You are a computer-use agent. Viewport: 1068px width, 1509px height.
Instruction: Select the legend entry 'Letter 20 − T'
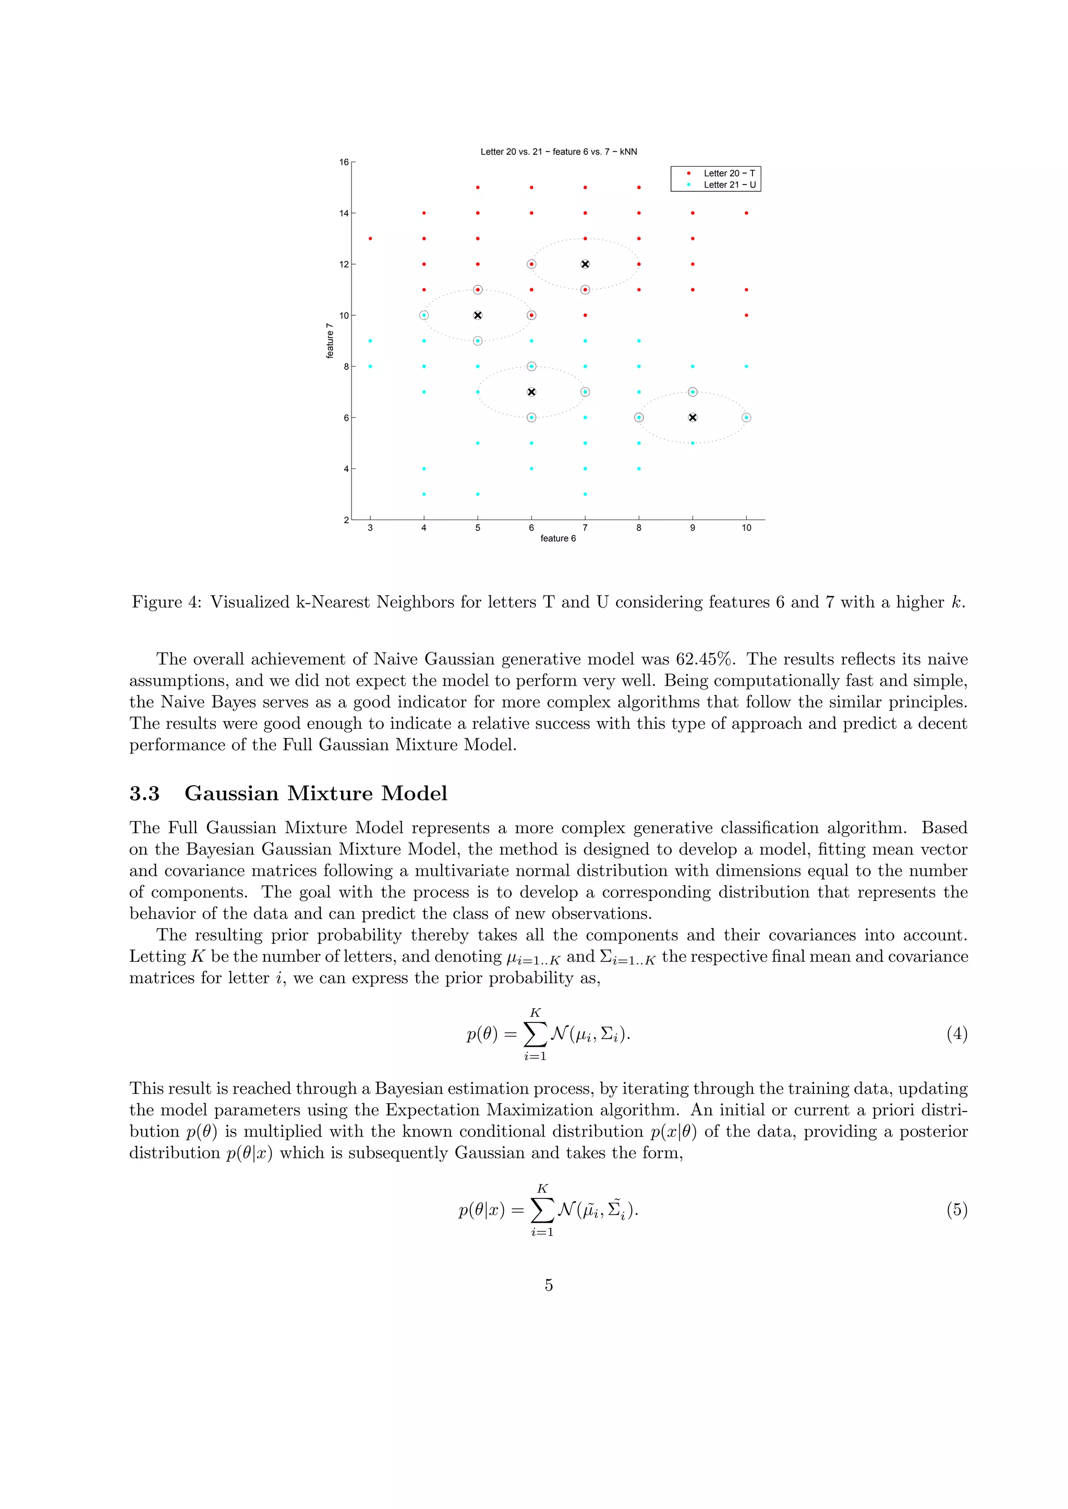click(729, 174)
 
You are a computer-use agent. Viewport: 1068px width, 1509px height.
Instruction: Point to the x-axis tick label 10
click(746, 528)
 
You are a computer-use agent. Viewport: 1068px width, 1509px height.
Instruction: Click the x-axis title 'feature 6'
click(557, 538)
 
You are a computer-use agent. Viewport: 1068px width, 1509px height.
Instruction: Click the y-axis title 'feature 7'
click(330, 340)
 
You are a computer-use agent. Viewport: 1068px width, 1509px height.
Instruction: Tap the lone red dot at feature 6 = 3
click(370, 239)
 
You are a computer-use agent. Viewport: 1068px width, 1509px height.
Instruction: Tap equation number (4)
click(957, 1034)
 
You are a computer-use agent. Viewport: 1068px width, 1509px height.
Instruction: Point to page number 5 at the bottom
click(549, 1285)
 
